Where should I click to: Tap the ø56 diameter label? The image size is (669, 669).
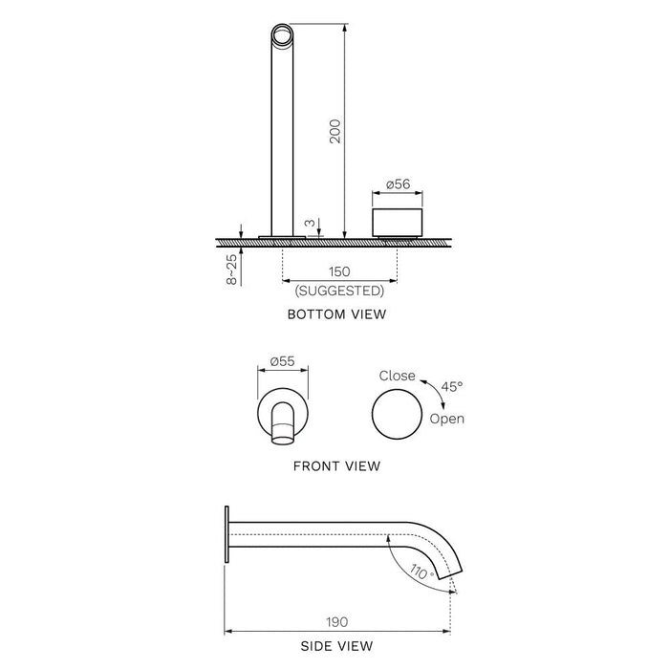[x=398, y=184]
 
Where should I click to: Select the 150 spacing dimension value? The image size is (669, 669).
[x=340, y=272]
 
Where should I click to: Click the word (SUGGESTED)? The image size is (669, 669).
[x=340, y=291]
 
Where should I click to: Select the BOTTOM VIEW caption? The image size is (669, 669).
[x=337, y=313]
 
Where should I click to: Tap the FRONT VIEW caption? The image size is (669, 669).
[x=336, y=466]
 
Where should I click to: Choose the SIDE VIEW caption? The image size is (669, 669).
[x=335, y=647]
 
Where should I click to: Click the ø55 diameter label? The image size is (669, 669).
[x=281, y=361]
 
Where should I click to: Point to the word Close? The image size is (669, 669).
[x=398, y=376]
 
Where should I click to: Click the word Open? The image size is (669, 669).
[x=447, y=419]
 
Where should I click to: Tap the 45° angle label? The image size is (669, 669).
[x=452, y=386]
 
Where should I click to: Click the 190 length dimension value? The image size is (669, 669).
[x=336, y=620]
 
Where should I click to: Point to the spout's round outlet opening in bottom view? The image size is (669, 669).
[x=282, y=37]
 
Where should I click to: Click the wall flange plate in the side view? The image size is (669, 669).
[x=227, y=536]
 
